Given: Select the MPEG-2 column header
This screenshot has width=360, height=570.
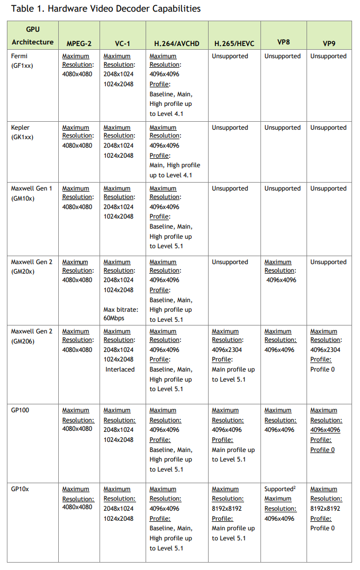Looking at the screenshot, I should (79, 43).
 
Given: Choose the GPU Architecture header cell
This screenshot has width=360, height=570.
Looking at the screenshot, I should (33, 35).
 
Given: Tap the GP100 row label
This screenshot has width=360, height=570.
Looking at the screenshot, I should (20, 410).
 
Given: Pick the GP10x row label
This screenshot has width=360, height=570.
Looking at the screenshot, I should (20, 489).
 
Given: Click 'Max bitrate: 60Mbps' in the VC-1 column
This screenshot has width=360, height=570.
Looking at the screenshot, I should (121, 313).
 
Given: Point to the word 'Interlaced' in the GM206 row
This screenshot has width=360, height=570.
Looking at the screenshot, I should (120, 369).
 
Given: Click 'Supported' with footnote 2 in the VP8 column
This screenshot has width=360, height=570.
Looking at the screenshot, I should (280, 489).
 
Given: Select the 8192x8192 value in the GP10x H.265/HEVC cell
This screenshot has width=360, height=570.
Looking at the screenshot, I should (227, 509).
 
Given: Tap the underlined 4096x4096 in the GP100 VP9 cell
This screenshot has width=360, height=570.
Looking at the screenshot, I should (325, 430).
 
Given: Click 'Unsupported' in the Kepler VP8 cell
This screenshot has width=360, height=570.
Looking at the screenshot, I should (282, 128).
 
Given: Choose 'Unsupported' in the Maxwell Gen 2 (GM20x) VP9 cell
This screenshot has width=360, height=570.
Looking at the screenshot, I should (328, 262).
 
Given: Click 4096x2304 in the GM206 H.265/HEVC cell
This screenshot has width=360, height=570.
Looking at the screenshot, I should (227, 350).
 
